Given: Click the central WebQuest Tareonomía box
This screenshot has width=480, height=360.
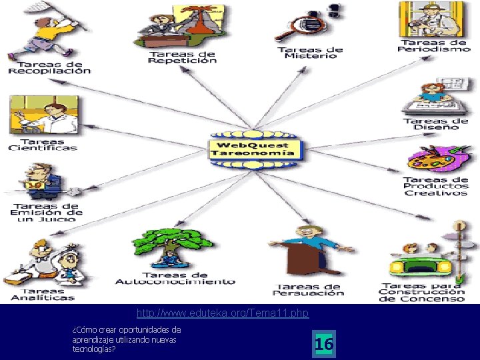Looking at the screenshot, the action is click(253, 149).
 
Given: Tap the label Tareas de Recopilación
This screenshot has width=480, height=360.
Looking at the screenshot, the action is click(49, 67).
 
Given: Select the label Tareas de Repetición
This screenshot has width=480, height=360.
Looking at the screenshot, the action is click(182, 57).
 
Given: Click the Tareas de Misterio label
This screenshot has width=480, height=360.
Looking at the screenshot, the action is click(310, 53).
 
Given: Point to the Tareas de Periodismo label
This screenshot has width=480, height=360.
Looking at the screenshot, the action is click(433, 45).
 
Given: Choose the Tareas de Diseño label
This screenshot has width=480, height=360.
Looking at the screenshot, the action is click(436, 124).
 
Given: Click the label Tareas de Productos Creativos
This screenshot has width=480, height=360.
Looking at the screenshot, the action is click(436, 186).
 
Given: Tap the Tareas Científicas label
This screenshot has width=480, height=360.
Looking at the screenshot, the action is click(43, 145).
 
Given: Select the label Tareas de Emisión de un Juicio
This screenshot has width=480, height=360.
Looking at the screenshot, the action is click(46, 212).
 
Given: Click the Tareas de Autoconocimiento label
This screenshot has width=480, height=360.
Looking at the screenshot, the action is click(175, 278).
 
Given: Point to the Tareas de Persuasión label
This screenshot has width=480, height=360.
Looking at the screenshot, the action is click(309, 290).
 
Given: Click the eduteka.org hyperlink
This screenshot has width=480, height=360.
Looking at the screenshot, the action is click(223, 313).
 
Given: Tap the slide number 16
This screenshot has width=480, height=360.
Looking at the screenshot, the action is click(324, 344).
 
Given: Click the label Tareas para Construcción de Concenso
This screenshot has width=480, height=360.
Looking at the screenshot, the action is click(422, 293).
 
